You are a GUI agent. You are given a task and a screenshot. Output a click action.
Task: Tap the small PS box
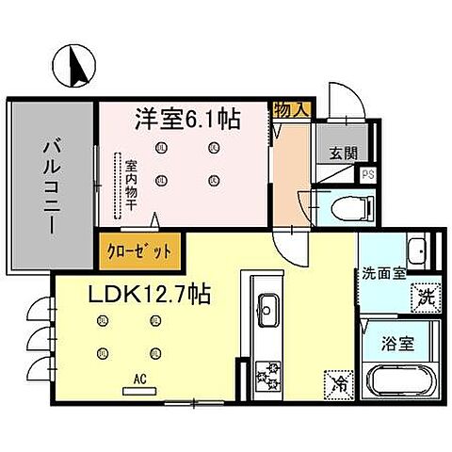click(x=369, y=173)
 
